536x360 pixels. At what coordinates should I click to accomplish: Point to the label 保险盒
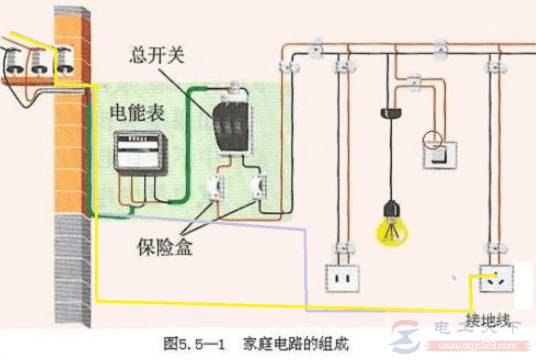(166, 245)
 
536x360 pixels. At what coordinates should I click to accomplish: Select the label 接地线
(488, 320)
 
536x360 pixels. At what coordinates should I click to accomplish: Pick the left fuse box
(216, 187)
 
